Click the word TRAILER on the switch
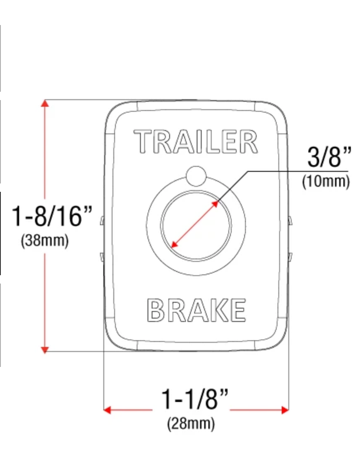[x=195, y=141]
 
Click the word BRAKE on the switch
[x=196, y=310]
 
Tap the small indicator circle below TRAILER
[x=196, y=176]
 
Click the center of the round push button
[x=196, y=226]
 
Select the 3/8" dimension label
[x=330, y=157]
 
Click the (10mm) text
[x=326, y=181]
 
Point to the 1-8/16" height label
[x=52, y=216]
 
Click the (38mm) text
[x=45, y=240]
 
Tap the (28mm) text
[x=191, y=423]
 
